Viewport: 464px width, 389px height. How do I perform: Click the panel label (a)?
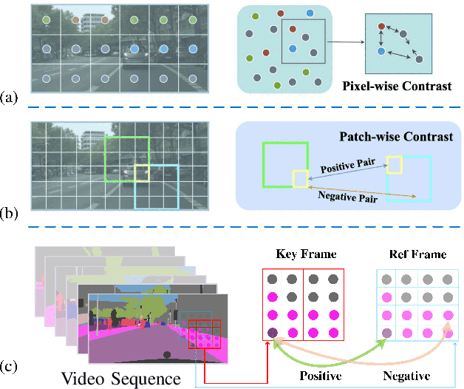[10, 97]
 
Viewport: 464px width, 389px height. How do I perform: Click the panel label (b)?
[10, 214]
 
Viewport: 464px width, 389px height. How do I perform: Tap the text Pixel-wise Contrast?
[397, 87]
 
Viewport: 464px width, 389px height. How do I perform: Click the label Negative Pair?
[344, 196]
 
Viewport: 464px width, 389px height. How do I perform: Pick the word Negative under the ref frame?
[409, 376]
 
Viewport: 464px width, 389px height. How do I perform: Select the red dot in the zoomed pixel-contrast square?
[382, 26]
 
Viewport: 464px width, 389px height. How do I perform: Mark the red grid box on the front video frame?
[204, 334]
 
